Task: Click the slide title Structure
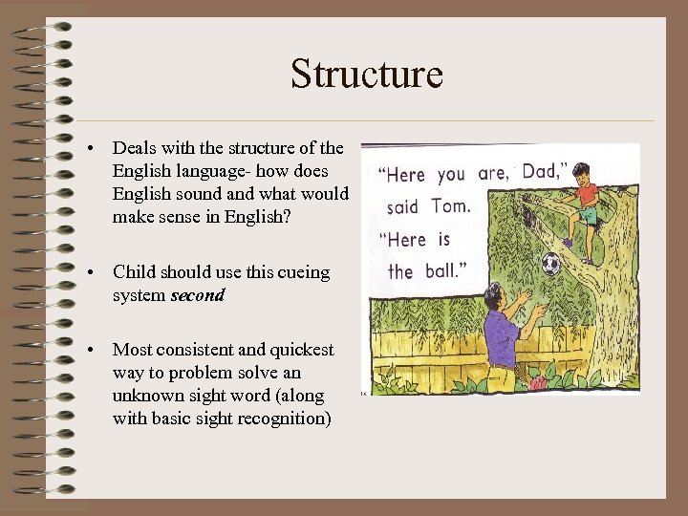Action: tap(367, 74)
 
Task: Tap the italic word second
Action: tap(197, 295)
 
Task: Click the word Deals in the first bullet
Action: tap(135, 148)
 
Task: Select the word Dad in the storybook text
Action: tap(542, 173)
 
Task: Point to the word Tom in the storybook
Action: tap(450, 205)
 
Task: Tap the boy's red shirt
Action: tap(588, 196)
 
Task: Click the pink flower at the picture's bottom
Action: tap(538, 382)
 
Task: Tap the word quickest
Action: tap(299, 350)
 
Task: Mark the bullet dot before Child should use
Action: tap(89, 273)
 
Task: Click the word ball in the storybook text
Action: tap(441, 271)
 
